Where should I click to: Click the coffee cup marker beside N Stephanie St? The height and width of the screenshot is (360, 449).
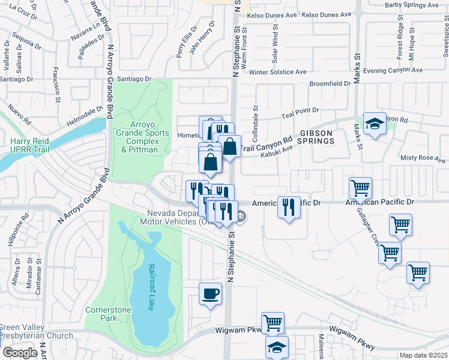click(210, 294)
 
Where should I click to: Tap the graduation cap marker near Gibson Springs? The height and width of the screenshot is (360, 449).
click(375, 124)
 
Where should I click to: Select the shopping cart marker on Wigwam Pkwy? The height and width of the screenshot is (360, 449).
click(273, 324)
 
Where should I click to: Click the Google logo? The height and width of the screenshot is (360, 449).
click(20, 353)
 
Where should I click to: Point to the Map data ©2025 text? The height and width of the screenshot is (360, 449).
click(423, 355)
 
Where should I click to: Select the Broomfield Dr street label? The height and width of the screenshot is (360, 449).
click(330, 84)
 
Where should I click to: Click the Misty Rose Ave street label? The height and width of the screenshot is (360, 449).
click(423, 160)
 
